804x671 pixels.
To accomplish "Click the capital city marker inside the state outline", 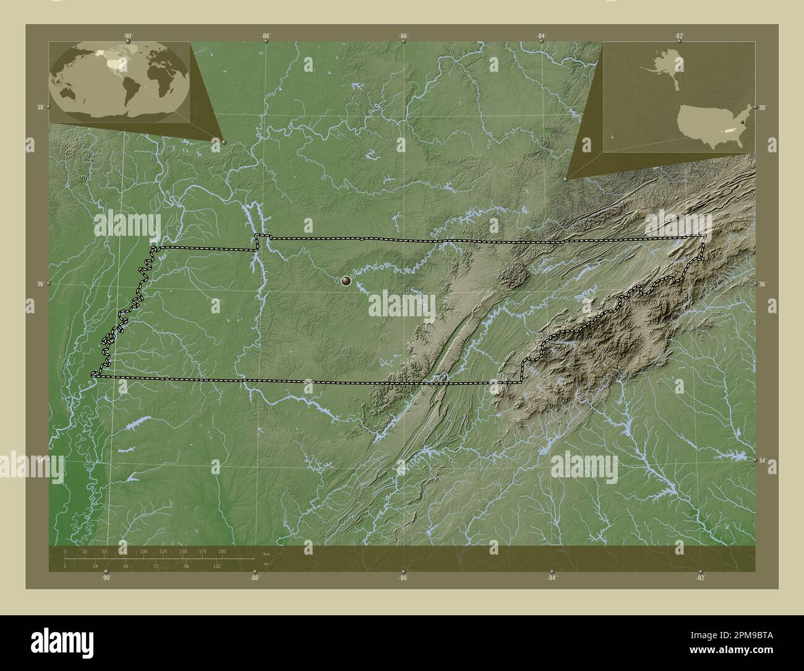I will (x=346, y=281).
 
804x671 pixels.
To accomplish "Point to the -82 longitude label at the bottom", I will (x=700, y=578).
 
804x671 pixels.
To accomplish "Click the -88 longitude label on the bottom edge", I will (x=254, y=578).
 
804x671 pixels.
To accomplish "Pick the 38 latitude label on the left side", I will (x=40, y=107).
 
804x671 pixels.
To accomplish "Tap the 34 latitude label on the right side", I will (x=762, y=461).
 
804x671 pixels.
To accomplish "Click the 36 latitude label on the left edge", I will (x=40, y=284).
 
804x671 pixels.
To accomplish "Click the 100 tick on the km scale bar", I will (x=143, y=551).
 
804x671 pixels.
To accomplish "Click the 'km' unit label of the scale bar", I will (x=267, y=553).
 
